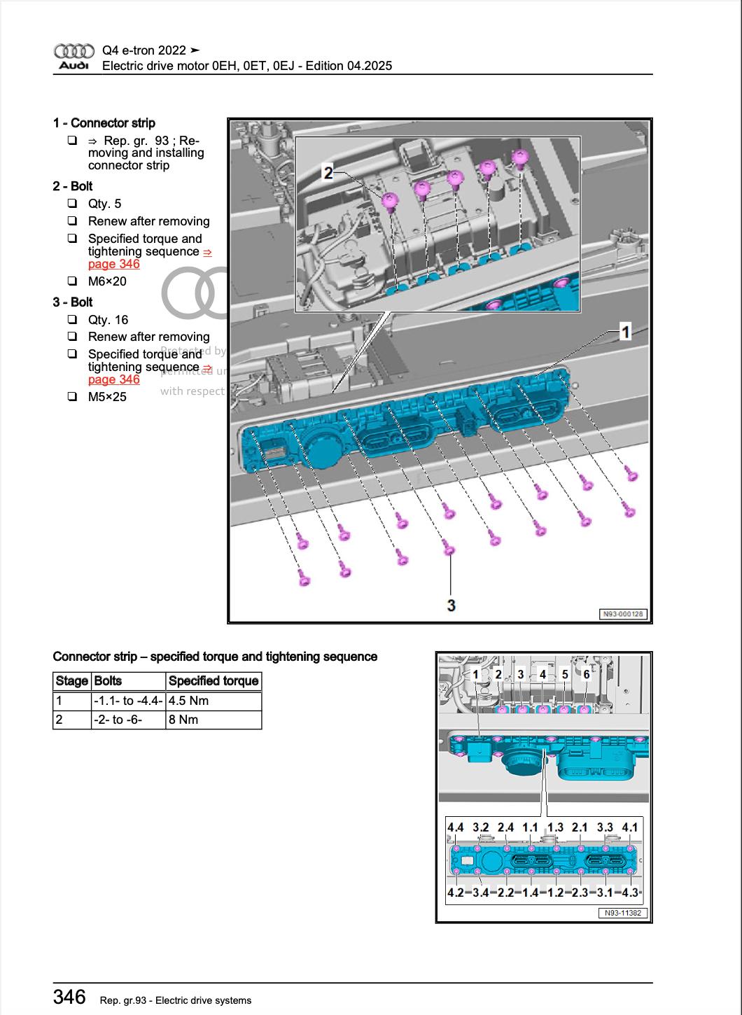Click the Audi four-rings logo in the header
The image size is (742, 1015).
pos(73,51)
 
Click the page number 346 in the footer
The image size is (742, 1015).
pos(69,997)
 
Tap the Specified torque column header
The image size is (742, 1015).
pos(213,681)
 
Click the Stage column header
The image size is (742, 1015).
pos(71,681)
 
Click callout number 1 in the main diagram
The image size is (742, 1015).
pos(625,332)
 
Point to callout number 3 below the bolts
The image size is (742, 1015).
pos(451,604)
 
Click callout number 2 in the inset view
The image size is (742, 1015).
pos(328,171)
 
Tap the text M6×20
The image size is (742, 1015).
pos(107,281)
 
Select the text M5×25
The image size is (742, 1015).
pos(107,397)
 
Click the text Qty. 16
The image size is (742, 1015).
pos(108,320)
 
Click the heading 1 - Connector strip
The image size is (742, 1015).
pos(104,123)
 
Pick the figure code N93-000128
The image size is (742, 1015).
pos(624,614)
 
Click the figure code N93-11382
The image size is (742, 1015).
pos(622,913)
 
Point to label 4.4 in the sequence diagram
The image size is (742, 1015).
pos(456,827)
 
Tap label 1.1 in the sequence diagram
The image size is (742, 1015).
pos(530,827)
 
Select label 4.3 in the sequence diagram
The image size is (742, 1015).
pos(630,892)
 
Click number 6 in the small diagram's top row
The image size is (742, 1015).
pos(587,674)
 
